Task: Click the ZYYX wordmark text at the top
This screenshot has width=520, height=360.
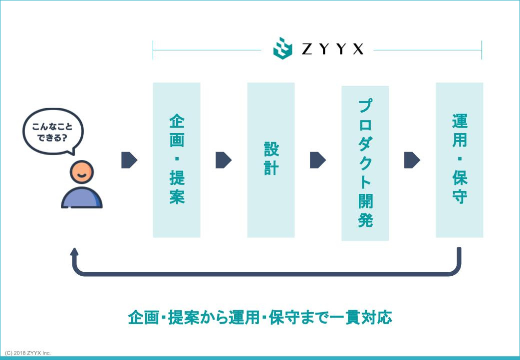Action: tap(333, 49)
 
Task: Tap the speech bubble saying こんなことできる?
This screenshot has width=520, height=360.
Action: tap(53, 132)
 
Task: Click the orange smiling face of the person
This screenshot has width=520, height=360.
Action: tap(81, 172)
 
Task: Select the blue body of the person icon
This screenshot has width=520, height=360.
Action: tap(81, 198)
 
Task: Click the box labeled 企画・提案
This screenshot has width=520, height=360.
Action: tap(177, 160)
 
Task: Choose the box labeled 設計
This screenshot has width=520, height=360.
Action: tap(271, 160)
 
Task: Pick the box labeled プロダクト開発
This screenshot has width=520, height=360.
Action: tap(365, 163)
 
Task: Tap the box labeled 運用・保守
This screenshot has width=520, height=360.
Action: tap(459, 160)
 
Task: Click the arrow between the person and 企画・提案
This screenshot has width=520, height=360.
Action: tap(129, 160)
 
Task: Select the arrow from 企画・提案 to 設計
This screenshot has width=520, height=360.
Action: tap(224, 160)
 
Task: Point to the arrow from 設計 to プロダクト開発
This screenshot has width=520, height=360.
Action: tap(318, 160)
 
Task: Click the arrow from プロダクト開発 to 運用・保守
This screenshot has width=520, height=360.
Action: tap(412, 160)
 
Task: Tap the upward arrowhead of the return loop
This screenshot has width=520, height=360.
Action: tap(74, 252)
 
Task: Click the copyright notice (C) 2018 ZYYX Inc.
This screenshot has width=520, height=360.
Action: tap(28, 353)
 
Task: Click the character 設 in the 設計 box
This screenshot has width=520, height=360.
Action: tap(271, 149)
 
